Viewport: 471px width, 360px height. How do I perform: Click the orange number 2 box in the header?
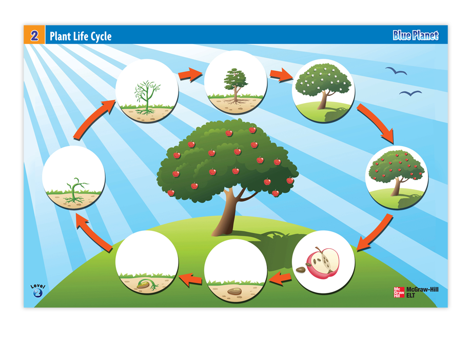tap(34, 35)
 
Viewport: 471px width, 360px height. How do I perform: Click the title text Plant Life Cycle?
tap(81, 36)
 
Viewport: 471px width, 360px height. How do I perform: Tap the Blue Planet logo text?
tap(416, 35)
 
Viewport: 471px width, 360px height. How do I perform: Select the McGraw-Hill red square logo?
tap(399, 292)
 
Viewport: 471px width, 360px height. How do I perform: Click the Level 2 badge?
tap(38, 291)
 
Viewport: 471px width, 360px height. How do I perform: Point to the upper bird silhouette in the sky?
tap(396, 71)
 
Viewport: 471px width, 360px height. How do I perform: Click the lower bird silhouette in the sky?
tap(410, 93)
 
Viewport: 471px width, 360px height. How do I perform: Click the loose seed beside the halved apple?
tap(300, 270)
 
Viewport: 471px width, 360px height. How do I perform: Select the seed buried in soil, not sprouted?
tap(234, 291)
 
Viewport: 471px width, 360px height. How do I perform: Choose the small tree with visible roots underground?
tap(236, 86)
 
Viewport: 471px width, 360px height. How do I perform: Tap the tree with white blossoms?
tap(323, 86)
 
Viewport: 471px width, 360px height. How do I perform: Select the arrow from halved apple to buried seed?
tap(280, 278)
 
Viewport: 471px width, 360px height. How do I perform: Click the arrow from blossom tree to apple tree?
tap(376, 122)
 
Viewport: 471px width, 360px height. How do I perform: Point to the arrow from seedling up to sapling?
tap(92, 120)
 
